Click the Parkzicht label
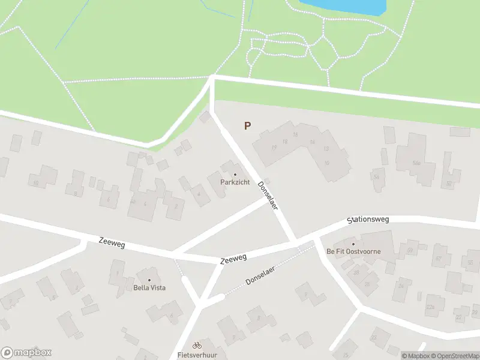point(235,182)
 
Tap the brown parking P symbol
point(247,126)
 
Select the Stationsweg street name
point(368,220)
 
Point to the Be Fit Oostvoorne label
point(353,251)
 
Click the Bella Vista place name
point(149,287)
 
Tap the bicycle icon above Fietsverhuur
point(197,345)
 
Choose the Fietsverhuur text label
point(197,355)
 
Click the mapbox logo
point(26,353)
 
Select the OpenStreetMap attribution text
point(456,356)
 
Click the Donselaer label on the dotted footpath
point(260,275)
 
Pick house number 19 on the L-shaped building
point(274,147)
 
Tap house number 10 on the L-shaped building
point(327,163)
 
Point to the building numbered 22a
point(430,307)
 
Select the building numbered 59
point(410,250)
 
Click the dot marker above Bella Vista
point(149,280)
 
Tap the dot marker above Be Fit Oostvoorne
point(353,244)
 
